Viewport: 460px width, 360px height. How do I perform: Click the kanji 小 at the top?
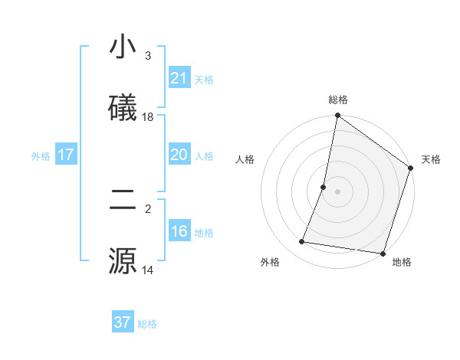pyautogui.click(x=123, y=47)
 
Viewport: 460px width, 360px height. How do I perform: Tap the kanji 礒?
pyautogui.click(x=123, y=107)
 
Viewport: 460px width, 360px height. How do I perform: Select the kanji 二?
pyautogui.click(x=123, y=201)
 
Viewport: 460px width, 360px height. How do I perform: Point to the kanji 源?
pyautogui.click(x=123, y=260)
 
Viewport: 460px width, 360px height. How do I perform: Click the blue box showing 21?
pyautogui.click(x=179, y=78)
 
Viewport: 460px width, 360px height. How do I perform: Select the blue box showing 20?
pyautogui.click(x=179, y=155)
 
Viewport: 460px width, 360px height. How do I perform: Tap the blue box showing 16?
pyautogui.click(x=179, y=231)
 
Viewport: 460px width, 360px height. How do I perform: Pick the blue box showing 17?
pyautogui.click(x=65, y=155)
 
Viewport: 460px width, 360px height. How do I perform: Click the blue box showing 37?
pyautogui.click(x=122, y=322)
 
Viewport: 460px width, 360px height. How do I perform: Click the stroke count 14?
pyautogui.click(x=148, y=270)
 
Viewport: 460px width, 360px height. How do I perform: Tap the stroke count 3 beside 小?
pyautogui.click(x=148, y=56)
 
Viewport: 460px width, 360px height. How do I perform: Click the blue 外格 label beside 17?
pyautogui.click(x=41, y=155)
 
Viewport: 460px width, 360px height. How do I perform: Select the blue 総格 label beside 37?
pyautogui.click(x=147, y=324)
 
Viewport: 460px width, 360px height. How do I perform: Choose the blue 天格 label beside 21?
pyautogui.click(x=204, y=79)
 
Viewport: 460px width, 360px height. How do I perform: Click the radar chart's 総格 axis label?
pyautogui.click(x=338, y=100)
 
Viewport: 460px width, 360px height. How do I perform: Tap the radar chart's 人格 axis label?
pyautogui.click(x=245, y=159)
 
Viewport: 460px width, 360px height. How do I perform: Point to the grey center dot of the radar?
pyautogui.click(x=337, y=191)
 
